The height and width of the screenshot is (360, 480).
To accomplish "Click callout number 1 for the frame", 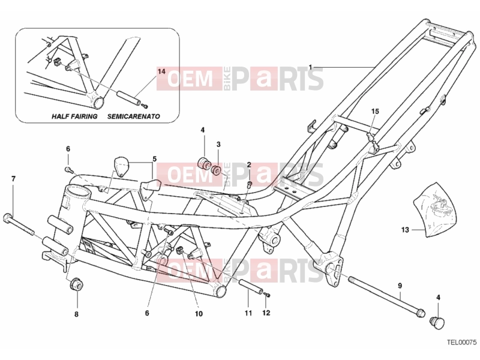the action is (310, 67).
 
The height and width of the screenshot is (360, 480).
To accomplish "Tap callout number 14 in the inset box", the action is (161, 71).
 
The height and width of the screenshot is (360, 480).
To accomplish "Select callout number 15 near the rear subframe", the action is (375, 111).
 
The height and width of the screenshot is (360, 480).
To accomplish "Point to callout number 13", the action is (405, 230).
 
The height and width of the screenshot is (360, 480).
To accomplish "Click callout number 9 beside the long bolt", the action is (400, 286).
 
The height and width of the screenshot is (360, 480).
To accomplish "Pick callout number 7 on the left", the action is (13, 179).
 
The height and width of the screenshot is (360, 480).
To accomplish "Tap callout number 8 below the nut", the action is (77, 314).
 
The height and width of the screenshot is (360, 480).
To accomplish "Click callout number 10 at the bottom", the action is (199, 314).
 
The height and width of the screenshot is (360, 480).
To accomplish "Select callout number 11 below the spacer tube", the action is (248, 313).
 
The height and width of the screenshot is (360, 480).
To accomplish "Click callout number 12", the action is (266, 313).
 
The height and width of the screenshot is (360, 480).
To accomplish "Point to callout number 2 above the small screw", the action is (249, 165).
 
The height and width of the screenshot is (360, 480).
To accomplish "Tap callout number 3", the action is (218, 144).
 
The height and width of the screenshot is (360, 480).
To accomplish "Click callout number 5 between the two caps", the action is (155, 159).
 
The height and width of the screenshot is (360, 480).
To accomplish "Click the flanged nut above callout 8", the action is (76, 286).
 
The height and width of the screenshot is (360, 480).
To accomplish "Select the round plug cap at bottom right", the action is (437, 323).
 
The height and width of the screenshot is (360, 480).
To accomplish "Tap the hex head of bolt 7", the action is (7, 218).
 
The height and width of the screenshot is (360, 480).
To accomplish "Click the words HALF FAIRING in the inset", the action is (74, 116).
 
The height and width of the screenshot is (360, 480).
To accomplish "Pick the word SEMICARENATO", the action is (133, 116).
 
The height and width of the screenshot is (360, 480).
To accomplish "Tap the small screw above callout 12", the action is (267, 295).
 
